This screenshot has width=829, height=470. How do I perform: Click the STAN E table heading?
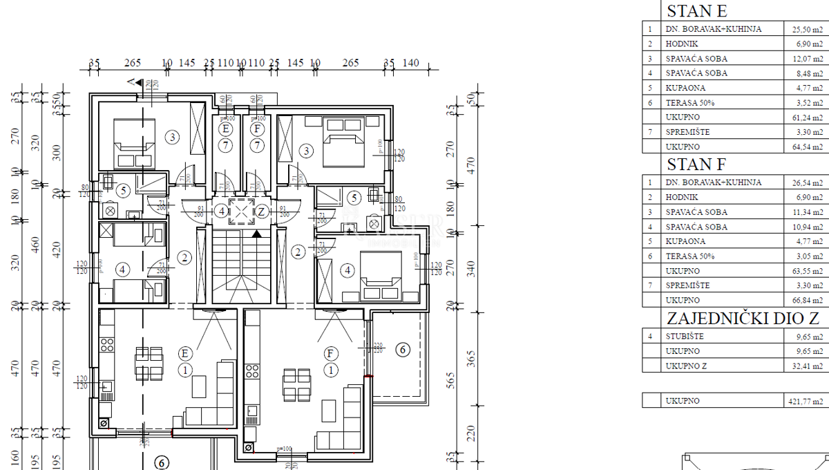click(696, 12)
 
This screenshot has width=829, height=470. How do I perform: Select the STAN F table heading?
click(696, 165)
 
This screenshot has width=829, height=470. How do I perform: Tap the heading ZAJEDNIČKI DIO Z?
click(743, 319)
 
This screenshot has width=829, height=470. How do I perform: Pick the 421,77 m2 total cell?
click(806, 401)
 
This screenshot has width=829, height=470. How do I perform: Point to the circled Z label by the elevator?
click(262, 211)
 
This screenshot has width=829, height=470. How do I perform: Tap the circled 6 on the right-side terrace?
click(402, 350)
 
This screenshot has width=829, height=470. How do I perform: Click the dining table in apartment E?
click(149, 364)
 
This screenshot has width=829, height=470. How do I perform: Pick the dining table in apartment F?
click(296, 385)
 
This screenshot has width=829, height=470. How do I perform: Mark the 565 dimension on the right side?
click(451, 381)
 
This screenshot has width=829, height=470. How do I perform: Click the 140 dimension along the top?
click(410, 64)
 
